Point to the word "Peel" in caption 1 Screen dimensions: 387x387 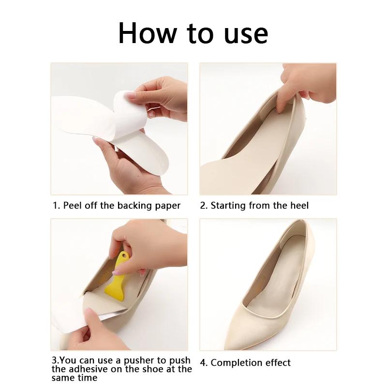pyautogui.click(x=73, y=206)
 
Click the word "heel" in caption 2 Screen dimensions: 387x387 pyautogui.click(x=298, y=206)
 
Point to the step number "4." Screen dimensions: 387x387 pyautogui.click(x=204, y=363)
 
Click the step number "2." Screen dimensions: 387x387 pyautogui.click(x=204, y=206)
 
